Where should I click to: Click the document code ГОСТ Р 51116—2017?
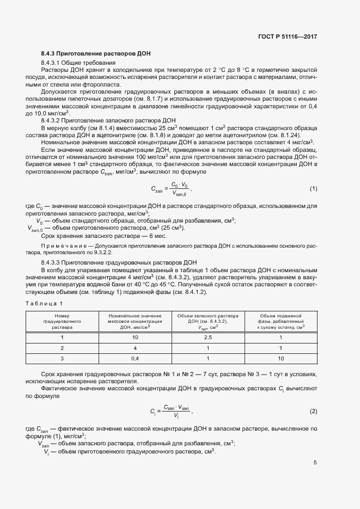tap(288, 37)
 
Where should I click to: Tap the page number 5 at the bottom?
tap(315, 463)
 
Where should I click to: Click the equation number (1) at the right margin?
tap(313, 188)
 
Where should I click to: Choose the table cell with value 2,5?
tap(208, 338)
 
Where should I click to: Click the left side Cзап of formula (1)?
tap(156, 189)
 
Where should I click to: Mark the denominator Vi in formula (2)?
tap(175, 415)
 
